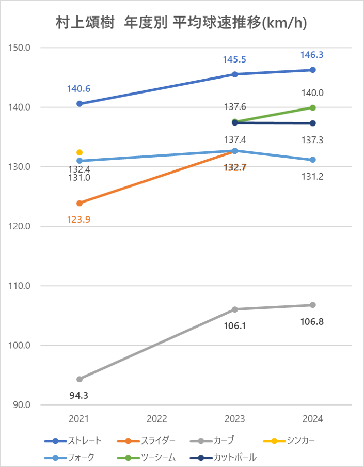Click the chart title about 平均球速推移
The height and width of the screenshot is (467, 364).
click(x=182, y=23)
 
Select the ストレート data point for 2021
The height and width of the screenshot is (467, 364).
click(x=80, y=104)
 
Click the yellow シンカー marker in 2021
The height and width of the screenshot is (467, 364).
click(x=80, y=152)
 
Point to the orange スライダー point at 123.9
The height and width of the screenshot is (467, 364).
click(x=80, y=203)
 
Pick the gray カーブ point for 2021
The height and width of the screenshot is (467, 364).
click(x=80, y=379)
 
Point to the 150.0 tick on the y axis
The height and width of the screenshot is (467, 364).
click(x=21, y=48)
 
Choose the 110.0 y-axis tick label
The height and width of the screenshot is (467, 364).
click(x=21, y=286)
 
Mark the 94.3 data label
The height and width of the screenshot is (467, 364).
click(x=79, y=396)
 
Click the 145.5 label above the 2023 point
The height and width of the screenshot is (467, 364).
click(x=234, y=59)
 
